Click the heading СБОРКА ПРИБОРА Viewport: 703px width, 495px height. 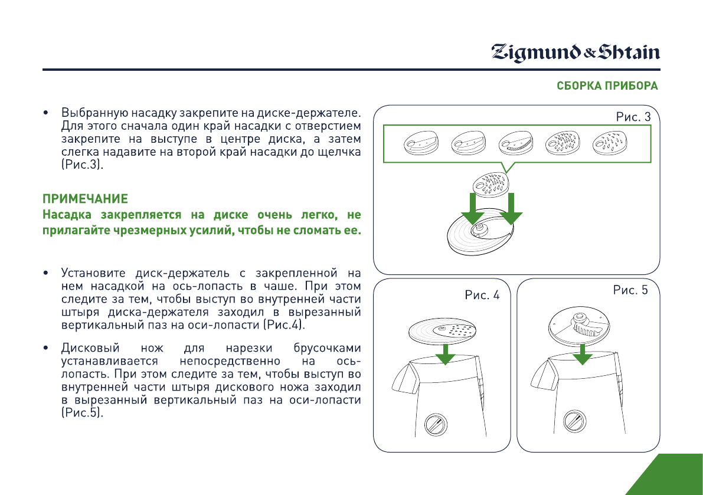(607, 86)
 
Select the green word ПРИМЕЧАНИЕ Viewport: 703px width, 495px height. (85, 197)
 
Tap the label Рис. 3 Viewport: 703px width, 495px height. (633, 117)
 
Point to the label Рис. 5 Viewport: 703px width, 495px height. (630, 290)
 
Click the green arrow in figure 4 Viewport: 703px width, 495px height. (447, 354)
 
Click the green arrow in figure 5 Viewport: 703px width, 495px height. (583, 354)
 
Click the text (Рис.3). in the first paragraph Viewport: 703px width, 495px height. (82, 166)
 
